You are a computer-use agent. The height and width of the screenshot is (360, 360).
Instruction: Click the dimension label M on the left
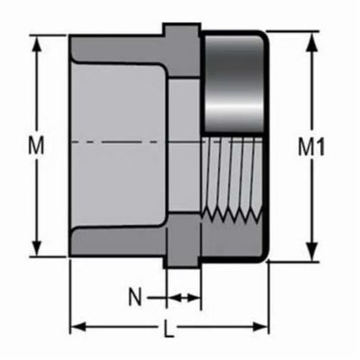click(36, 147)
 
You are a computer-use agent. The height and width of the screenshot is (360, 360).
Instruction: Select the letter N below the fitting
click(134, 297)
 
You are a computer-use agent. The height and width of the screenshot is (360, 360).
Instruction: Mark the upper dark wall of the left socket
click(117, 48)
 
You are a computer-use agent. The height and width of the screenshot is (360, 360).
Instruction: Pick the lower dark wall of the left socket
click(117, 241)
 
